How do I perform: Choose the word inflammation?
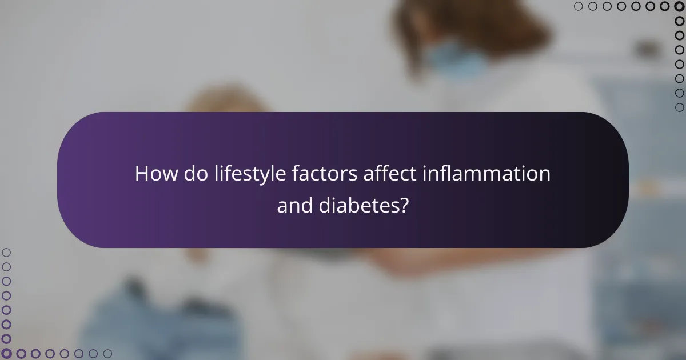(486, 174)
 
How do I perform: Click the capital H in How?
(141, 174)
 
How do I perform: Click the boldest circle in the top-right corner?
(679, 6)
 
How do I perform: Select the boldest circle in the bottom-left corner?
(6, 354)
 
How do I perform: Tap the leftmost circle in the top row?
(578, 6)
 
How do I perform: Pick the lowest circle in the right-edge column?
(679, 107)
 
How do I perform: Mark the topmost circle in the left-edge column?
(6, 252)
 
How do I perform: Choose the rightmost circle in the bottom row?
(107, 354)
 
